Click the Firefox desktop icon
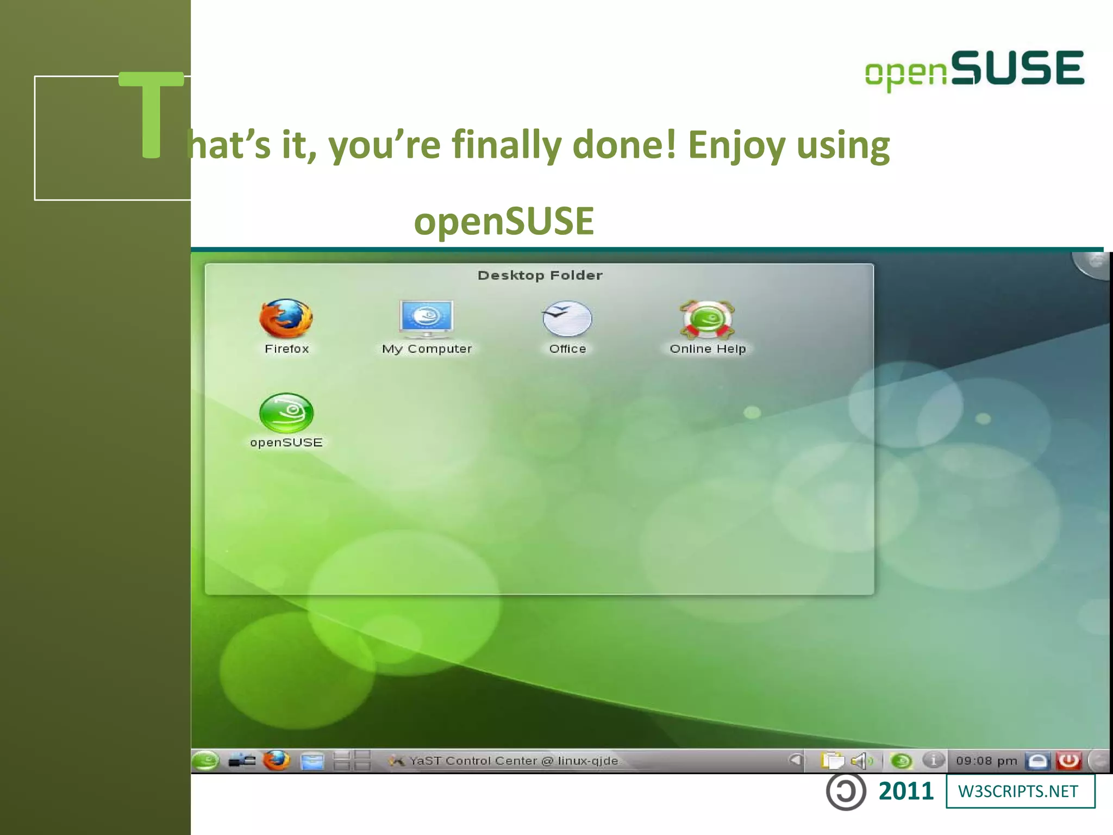pyautogui.click(x=286, y=320)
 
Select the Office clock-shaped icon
pyautogui.click(x=567, y=319)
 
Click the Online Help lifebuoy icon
pyautogui.click(x=707, y=320)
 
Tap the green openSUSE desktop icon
pyautogui.click(x=286, y=414)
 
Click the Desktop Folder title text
pyautogui.click(x=540, y=276)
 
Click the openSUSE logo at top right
pyautogui.click(x=974, y=70)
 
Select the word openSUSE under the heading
pyautogui.click(x=504, y=221)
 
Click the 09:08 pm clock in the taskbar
pyautogui.click(x=986, y=761)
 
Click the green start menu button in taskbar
pyautogui.click(x=205, y=761)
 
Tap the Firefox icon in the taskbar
pyautogui.click(x=277, y=761)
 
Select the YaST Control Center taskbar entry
pyautogui.click(x=505, y=761)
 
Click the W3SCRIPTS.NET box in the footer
pyautogui.click(x=1020, y=792)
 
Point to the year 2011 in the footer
pyautogui.click(x=906, y=792)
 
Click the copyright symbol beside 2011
pyautogui.click(x=846, y=792)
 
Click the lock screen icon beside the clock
pyautogui.click(x=1037, y=761)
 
